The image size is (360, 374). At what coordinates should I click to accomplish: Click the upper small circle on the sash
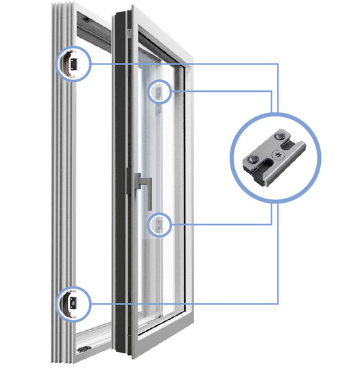159,91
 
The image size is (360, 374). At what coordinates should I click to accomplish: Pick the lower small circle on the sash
159,223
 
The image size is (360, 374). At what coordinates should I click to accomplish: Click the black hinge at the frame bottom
82,349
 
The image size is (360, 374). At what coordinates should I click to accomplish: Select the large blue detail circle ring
233,158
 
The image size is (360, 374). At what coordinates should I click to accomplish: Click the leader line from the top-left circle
185,64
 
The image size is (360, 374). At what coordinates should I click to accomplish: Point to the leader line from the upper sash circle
219,90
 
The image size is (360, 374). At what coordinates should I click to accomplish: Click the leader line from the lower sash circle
219,223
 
